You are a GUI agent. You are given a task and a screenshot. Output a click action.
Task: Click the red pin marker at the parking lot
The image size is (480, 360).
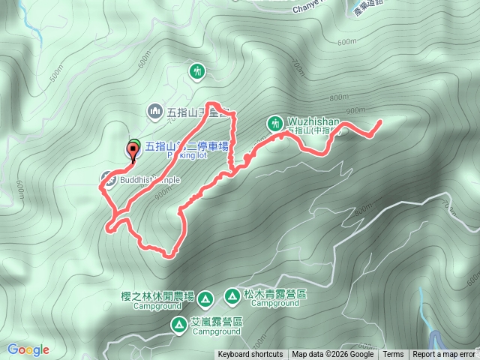(134, 150)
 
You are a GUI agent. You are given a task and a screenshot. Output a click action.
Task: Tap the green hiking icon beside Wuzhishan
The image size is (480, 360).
(274, 122)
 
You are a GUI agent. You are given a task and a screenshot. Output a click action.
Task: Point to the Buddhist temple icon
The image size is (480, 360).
(106, 179)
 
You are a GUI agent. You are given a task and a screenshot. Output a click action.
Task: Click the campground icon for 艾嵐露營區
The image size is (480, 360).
(179, 324)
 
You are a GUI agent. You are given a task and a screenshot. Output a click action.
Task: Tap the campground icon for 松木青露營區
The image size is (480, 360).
(232, 297)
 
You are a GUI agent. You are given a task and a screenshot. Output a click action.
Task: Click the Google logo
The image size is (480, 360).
(28, 349)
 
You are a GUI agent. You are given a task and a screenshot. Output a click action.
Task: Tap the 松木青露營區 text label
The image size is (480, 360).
(275, 295)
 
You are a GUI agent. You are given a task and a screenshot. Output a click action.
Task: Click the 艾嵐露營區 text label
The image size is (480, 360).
(218, 322)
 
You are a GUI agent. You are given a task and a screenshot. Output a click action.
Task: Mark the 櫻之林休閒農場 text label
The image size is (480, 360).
(157, 296)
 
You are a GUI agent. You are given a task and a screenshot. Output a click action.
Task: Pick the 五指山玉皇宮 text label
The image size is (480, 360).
(191, 113)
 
